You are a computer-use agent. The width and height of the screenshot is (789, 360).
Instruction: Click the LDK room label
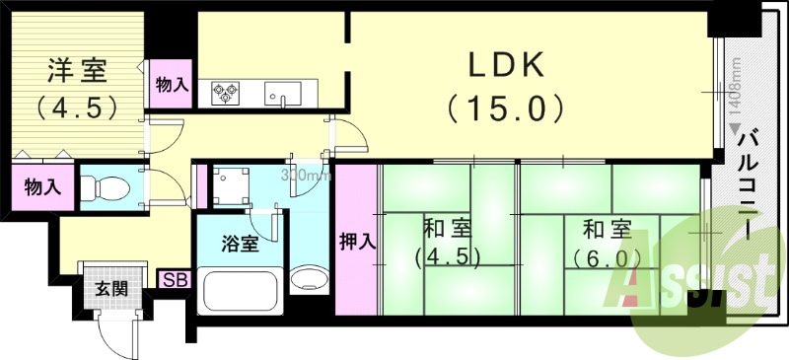click(506, 65)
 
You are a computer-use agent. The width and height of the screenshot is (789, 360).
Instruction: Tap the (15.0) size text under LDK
click(506, 106)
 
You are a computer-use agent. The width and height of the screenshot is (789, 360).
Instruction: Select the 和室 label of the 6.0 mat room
click(606, 230)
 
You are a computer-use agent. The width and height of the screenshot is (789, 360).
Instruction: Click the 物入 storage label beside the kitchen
click(172, 86)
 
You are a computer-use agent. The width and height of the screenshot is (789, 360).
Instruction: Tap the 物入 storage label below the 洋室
click(40, 185)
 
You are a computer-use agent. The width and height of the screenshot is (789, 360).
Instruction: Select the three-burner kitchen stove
click(226, 93)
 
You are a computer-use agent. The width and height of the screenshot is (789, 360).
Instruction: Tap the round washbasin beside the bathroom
click(310, 280)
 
